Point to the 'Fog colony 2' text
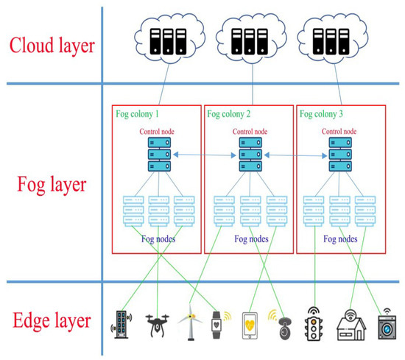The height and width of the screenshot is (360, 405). click(x=229, y=114)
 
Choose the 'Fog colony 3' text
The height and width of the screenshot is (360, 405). click(x=321, y=114)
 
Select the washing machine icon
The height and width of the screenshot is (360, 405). click(x=384, y=325)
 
